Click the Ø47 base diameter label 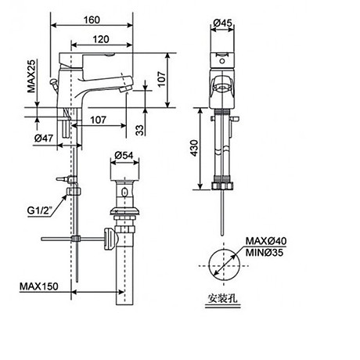tap(44, 139)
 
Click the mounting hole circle tap(225, 265)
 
